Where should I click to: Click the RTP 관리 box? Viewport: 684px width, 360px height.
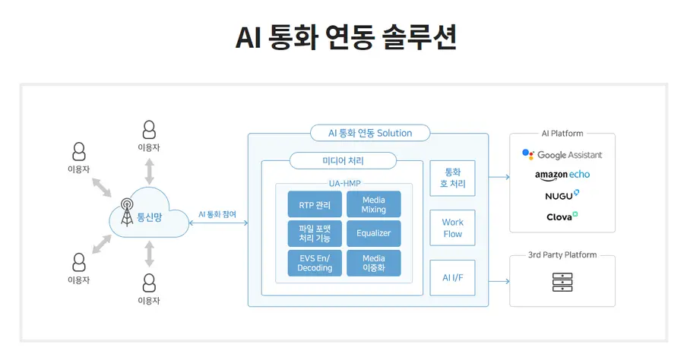(315, 204)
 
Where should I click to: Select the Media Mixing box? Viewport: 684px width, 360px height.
(373, 204)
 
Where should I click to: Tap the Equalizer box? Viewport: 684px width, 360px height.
(373, 233)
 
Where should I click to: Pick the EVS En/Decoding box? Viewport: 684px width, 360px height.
(315, 263)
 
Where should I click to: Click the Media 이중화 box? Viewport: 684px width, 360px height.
(373, 263)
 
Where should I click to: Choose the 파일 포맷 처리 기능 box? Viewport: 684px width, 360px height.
(315, 233)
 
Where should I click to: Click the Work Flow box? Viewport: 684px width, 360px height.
(452, 228)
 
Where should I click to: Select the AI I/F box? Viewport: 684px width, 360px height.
(452, 278)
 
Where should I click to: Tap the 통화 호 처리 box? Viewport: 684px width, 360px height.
(452, 178)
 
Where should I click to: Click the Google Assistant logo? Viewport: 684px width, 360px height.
(562, 155)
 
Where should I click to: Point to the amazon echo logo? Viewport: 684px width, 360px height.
(562, 175)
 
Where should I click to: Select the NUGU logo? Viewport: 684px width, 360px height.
(562, 195)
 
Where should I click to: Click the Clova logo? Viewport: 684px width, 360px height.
(562, 216)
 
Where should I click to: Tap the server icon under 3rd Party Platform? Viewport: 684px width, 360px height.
(562, 283)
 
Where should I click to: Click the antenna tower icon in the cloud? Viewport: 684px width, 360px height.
(126, 213)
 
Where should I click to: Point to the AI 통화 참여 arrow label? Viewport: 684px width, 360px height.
(217, 214)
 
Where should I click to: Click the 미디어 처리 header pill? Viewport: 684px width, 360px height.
(344, 161)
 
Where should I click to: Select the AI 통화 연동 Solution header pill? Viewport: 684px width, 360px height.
(370, 133)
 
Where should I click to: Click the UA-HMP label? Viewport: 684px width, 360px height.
(344, 183)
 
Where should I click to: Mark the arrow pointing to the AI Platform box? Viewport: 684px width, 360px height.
(499, 178)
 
